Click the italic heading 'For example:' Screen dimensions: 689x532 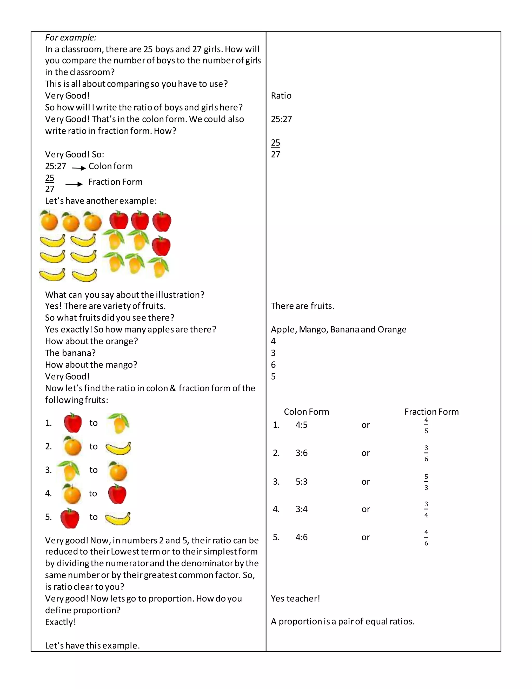71,37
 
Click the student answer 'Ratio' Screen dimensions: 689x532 281,96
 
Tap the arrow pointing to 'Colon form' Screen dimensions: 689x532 79,168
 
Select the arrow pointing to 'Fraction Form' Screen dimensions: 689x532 74,184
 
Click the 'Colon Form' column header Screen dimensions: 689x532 306,412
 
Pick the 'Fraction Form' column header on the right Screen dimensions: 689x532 431,412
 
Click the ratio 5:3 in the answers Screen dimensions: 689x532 301,482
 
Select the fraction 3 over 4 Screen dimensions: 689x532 426,510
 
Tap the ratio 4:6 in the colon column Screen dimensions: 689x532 301,537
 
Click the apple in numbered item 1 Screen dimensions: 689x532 73,423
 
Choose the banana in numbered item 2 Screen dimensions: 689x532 118,448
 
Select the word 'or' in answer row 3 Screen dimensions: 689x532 365,482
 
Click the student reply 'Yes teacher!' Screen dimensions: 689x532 295,599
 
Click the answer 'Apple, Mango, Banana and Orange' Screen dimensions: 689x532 338,329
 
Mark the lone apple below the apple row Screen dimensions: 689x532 161,246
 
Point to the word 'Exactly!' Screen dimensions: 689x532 61,622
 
